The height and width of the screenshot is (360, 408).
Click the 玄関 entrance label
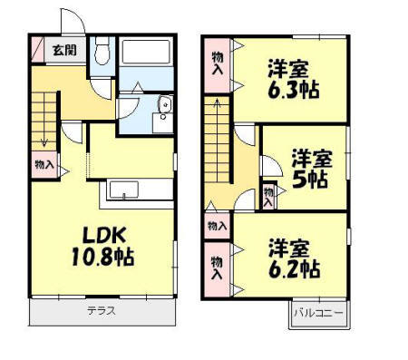63,51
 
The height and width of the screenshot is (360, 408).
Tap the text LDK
90,235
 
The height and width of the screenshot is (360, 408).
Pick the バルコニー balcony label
317,314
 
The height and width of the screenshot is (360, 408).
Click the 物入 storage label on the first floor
43,165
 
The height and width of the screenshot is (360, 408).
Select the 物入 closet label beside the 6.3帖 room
218,65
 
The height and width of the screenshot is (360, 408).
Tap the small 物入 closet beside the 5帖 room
268,196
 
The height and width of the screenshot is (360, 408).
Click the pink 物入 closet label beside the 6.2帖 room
218,271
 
